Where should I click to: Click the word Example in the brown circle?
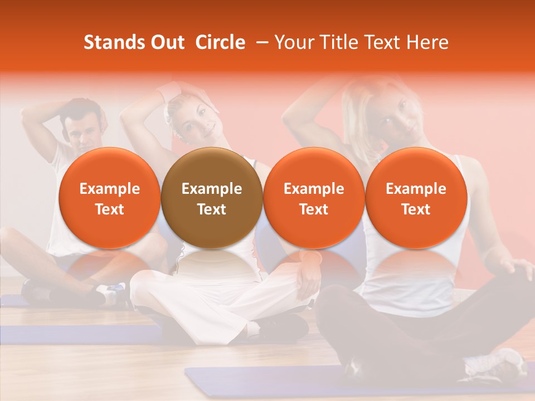pyautogui.click(x=212, y=189)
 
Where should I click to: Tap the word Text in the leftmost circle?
pyautogui.click(x=110, y=209)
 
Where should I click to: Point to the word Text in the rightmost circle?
pyautogui.click(x=416, y=209)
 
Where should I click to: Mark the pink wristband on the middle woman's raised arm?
pyautogui.click(x=169, y=91)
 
